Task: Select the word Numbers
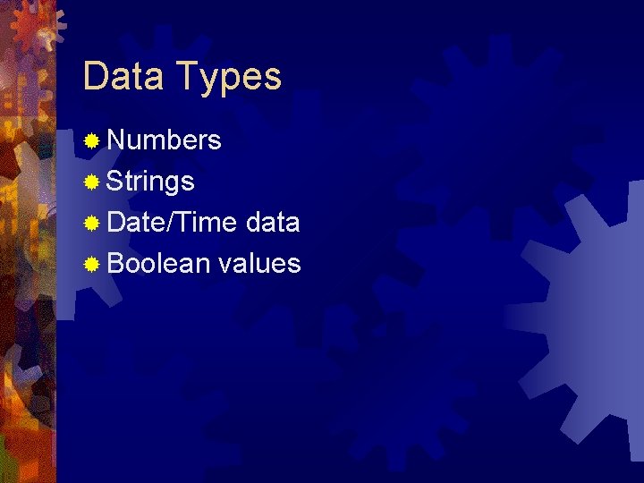164,140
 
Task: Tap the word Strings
150,182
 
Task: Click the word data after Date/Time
272,222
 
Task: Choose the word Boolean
157,263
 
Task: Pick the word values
259,263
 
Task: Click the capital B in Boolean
114,263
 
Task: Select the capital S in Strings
114,182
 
